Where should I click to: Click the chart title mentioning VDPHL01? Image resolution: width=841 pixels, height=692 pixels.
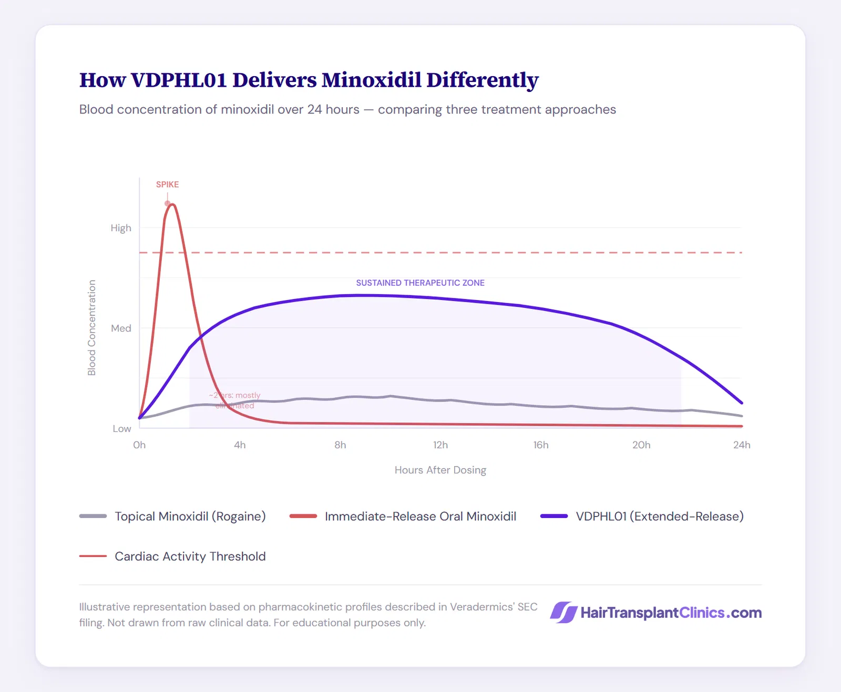[x=309, y=80]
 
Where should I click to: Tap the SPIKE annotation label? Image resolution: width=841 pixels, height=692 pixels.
[x=167, y=184]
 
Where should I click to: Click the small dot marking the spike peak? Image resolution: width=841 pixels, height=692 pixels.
[x=168, y=203]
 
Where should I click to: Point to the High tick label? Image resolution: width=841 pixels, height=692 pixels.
[x=121, y=228]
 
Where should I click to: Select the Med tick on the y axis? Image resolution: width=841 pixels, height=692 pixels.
[x=121, y=328]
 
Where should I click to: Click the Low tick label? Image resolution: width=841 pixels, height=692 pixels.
[x=121, y=429]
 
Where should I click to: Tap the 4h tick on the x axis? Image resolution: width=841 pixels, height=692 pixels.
[x=240, y=445]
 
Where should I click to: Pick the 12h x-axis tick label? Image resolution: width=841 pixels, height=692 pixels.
[x=440, y=445]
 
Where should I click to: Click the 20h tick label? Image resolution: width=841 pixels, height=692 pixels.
[x=641, y=445]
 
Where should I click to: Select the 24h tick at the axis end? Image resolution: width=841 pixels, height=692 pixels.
[x=742, y=445]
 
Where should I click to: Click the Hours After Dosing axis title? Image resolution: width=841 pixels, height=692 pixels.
[x=440, y=470]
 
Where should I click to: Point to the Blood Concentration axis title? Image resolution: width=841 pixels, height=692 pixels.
[x=92, y=327]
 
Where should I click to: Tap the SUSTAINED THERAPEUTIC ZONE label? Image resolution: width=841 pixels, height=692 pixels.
[x=420, y=283]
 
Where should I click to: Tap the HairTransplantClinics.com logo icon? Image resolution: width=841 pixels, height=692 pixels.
[x=563, y=613]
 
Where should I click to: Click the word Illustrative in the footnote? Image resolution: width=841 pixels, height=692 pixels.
[x=104, y=607]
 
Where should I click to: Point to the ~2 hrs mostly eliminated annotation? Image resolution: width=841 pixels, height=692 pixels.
[x=235, y=400]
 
